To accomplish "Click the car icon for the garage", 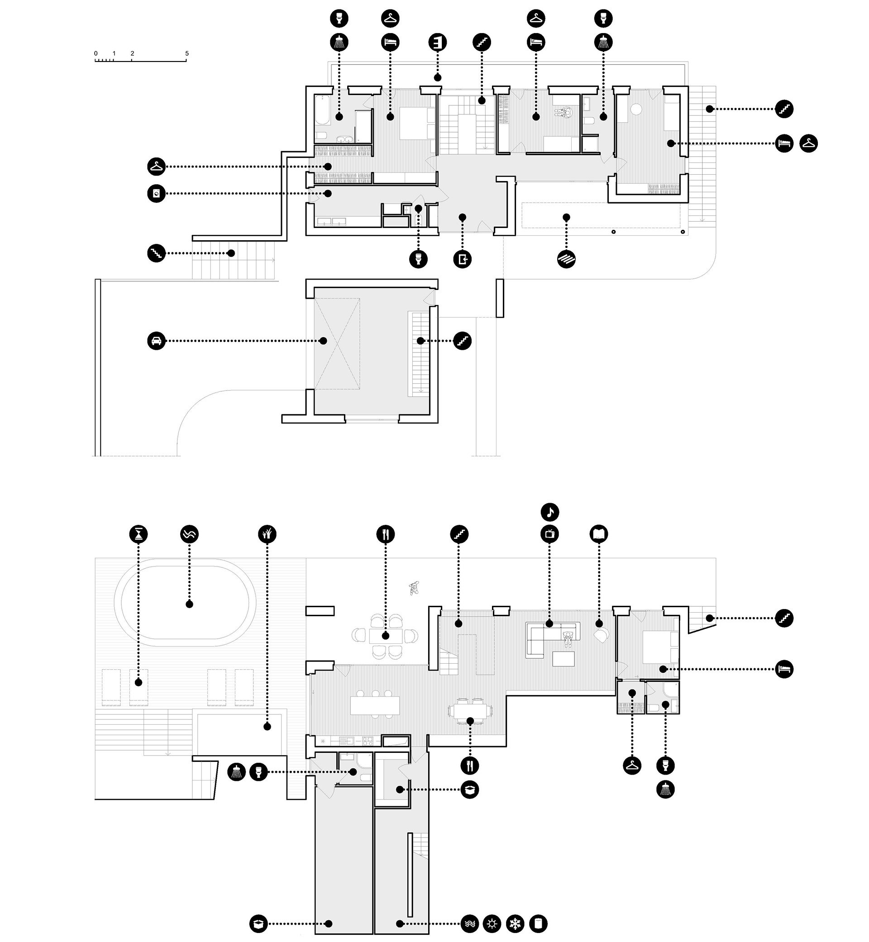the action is click(156, 341).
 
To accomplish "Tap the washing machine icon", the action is click(156, 194).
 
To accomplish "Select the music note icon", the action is click(550, 512).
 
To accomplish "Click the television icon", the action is click(550, 534).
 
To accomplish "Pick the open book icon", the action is click(599, 534).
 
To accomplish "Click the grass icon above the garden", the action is click(267, 534).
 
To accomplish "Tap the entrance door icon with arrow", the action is click(463, 259).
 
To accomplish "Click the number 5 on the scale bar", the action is click(186, 53).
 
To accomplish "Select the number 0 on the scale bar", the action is click(96, 53).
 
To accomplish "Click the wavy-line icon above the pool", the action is click(190, 534).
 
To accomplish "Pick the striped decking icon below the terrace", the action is click(566, 259).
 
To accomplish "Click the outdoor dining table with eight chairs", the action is click(386, 637).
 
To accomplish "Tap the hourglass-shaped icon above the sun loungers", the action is click(138, 534).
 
